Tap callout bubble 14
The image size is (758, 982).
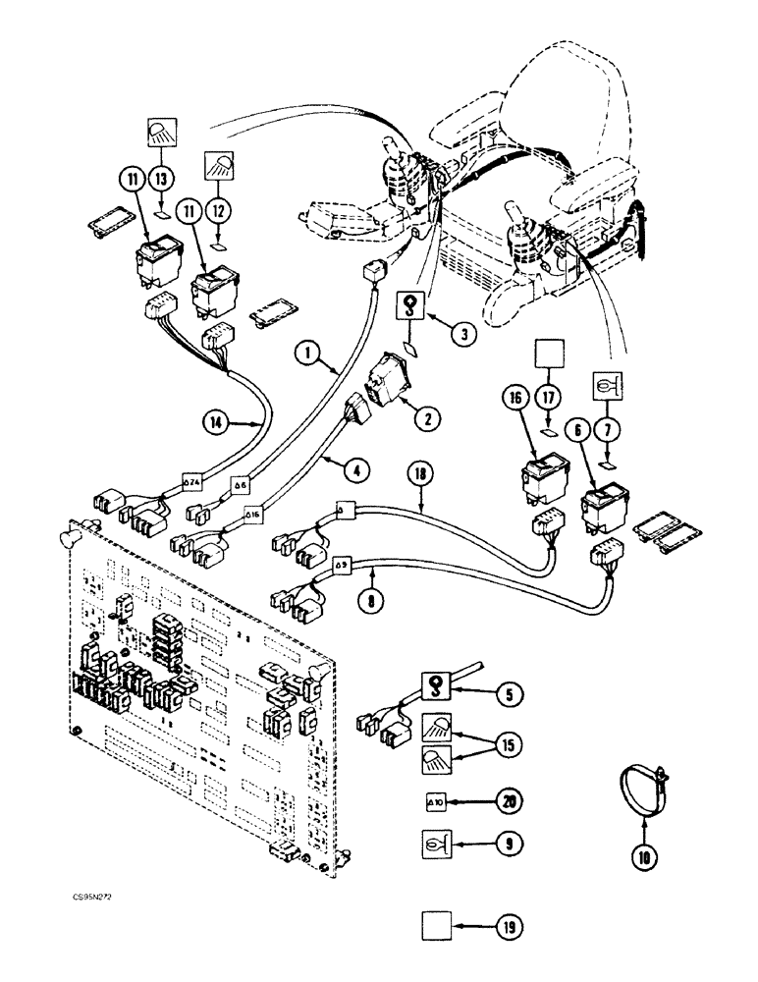click(214, 423)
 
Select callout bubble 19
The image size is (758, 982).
click(510, 926)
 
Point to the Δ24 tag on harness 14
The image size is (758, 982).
click(192, 482)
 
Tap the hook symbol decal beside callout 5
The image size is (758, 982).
click(434, 686)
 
